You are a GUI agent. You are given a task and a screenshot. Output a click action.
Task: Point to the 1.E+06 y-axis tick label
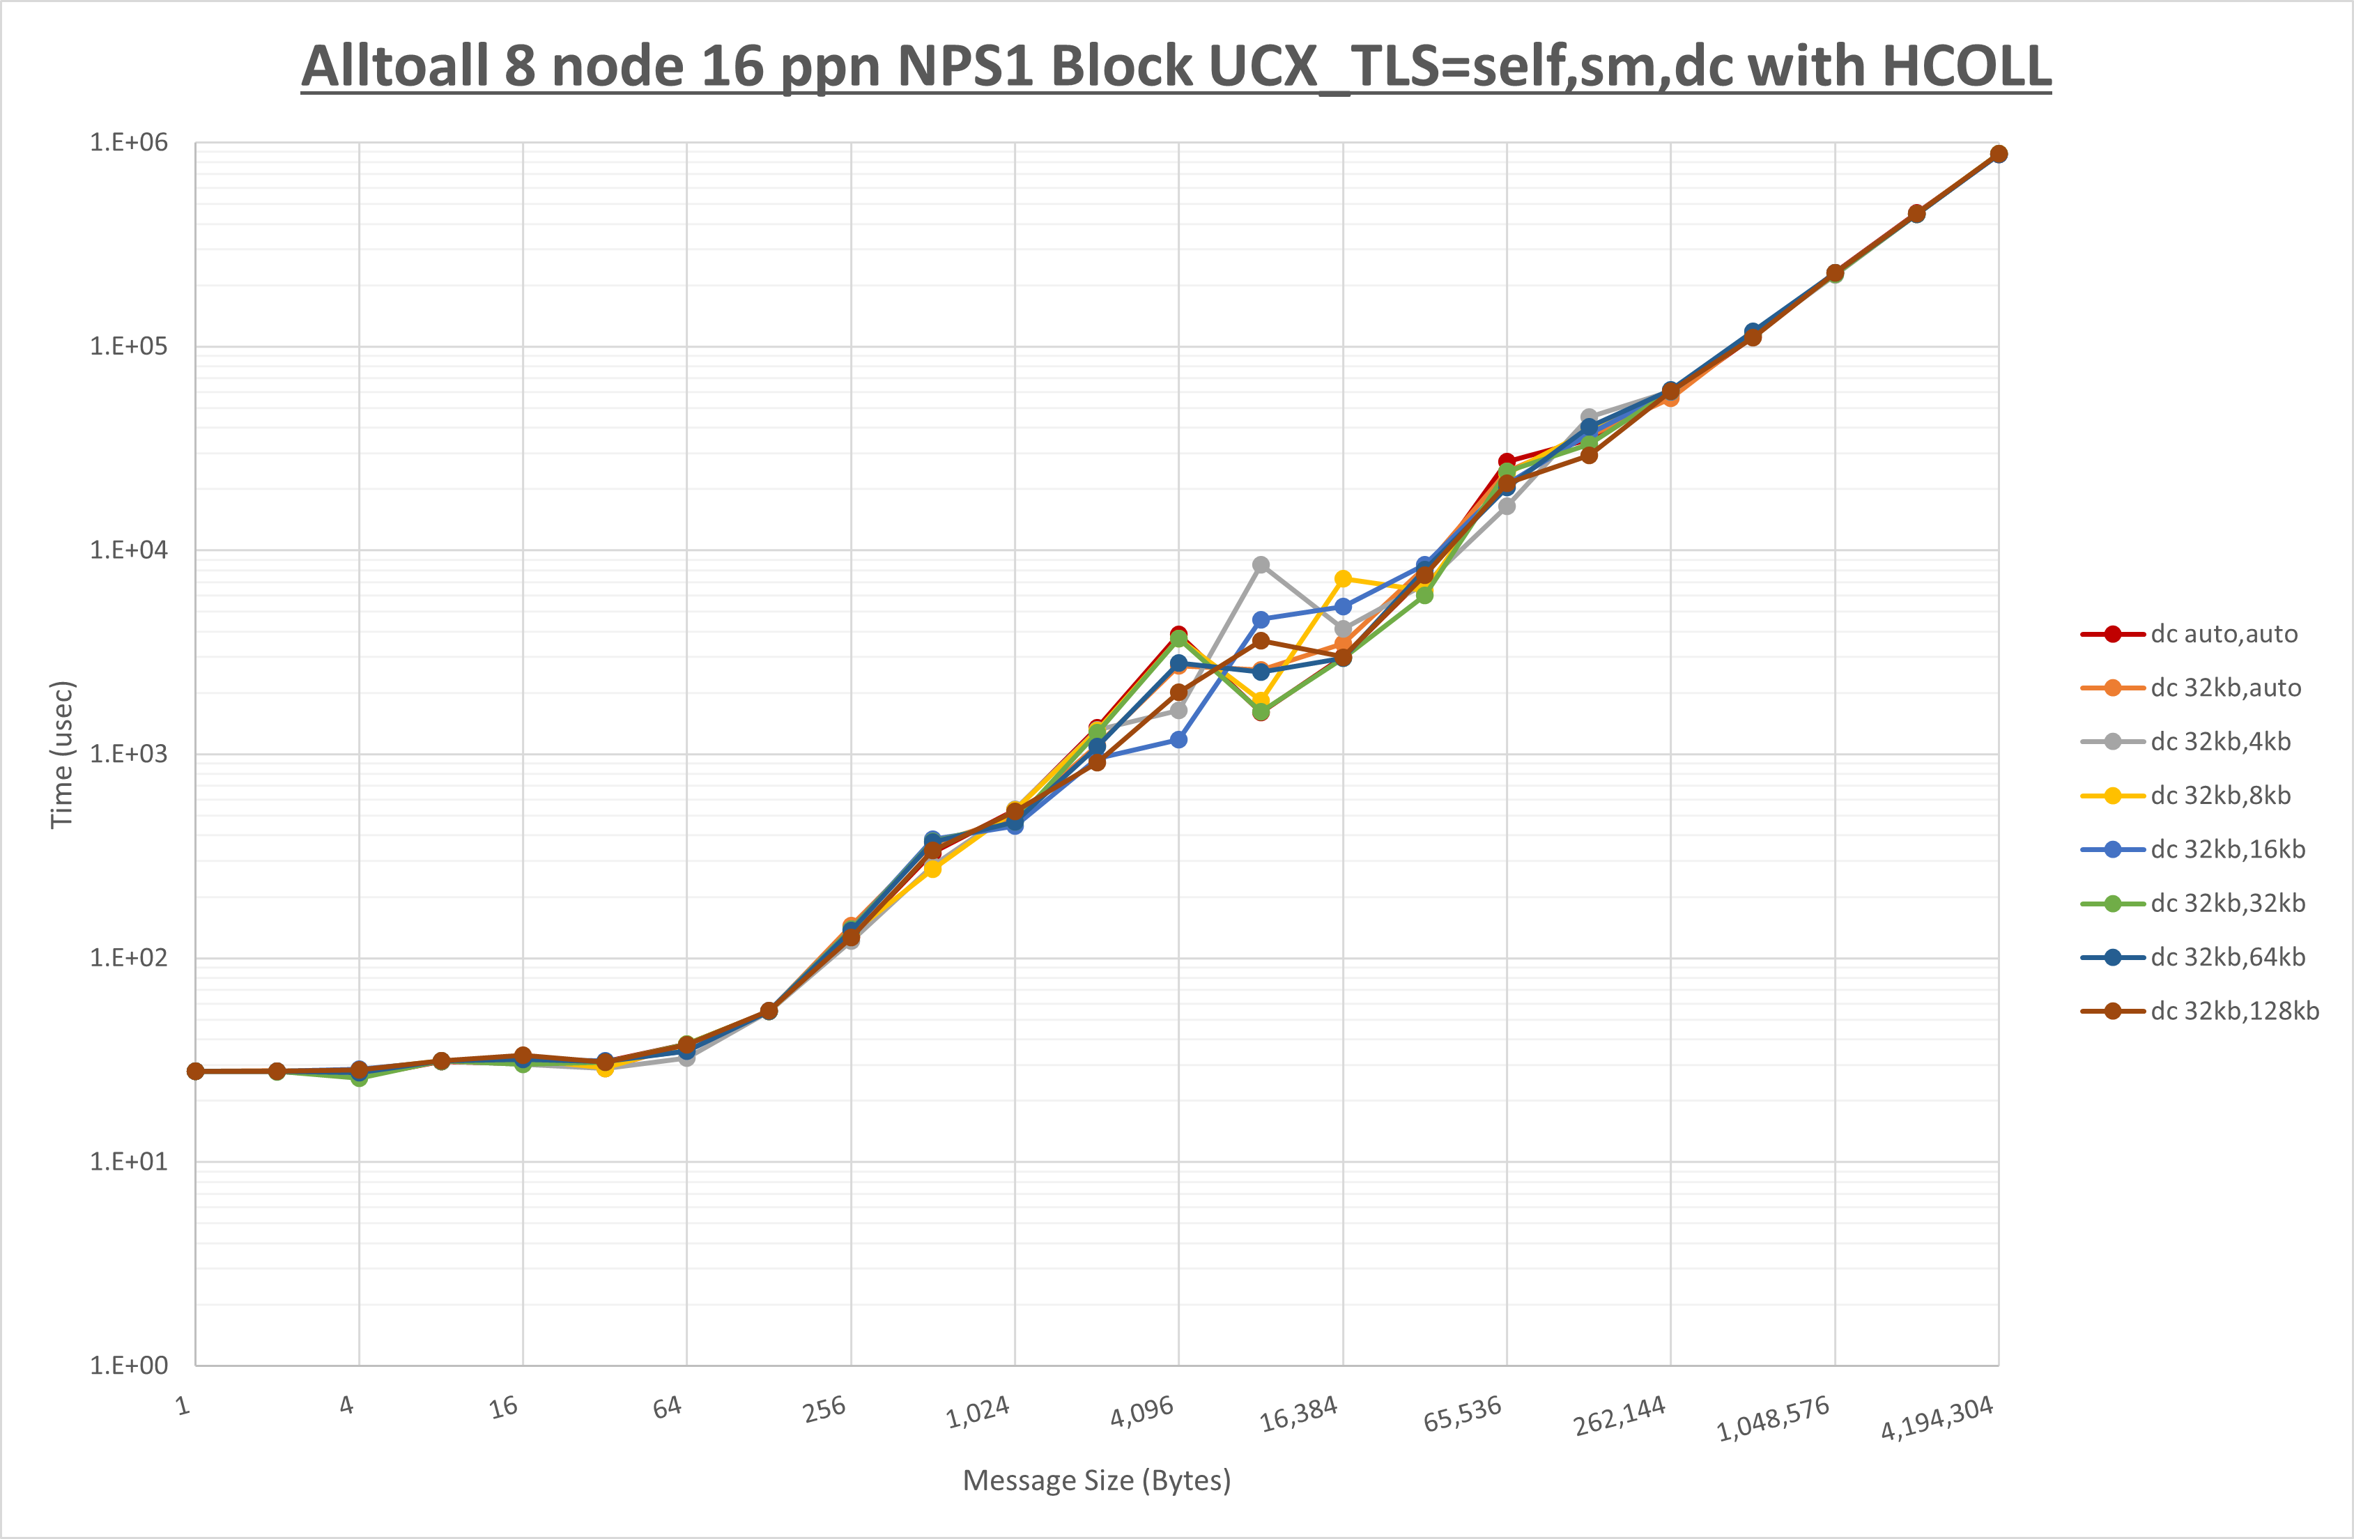(129, 142)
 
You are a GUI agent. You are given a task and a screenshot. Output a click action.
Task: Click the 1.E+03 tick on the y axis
(129, 754)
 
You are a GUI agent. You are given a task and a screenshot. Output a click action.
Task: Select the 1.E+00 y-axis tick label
(129, 1366)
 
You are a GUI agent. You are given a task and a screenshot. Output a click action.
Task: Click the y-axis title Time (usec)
(61, 755)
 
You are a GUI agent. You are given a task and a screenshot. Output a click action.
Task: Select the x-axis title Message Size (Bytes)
(1097, 1480)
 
